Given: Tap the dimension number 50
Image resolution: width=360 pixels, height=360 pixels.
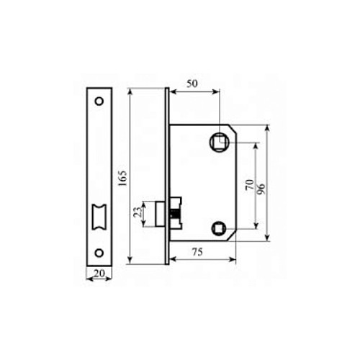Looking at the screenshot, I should pos(193,84).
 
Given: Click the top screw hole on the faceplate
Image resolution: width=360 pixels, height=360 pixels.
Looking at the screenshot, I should pos(99,100).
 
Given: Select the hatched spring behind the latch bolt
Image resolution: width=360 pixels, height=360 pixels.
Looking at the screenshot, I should pos(174,215).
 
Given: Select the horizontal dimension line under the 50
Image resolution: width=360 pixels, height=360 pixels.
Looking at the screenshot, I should pos(193,91).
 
